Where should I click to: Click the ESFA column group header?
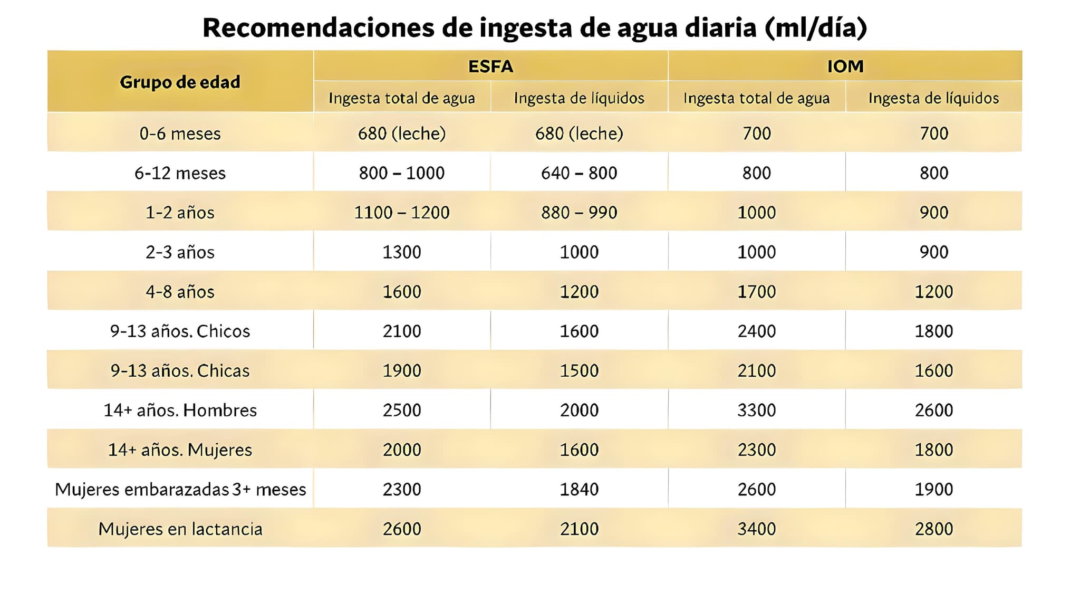click(x=490, y=66)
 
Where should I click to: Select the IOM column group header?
click(x=845, y=66)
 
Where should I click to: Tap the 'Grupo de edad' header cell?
click(x=180, y=82)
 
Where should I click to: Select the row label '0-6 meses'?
click(x=180, y=133)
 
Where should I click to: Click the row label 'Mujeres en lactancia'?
click(x=180, y=529)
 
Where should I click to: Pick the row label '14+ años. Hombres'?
click(x=180, y=410)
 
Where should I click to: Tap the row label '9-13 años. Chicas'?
click(x=180, y=370)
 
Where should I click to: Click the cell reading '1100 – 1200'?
click(x=402, y=212)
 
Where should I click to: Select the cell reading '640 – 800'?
click(x=579, y=173)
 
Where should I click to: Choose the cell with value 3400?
click(x=756, y=529)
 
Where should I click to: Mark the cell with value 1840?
click(x=579, y=489)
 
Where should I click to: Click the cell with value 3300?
click(x=756, y=410)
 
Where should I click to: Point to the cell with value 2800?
click(x=933, y=529)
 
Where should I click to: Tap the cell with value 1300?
click(x=402, y=252)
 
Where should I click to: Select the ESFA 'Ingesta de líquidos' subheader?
click(x=579, y=98)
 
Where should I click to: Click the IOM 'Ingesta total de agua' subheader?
click(x=756, y=98)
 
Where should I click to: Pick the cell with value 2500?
click(x=402, y=410)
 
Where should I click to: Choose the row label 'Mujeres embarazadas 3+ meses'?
click(x=180, y=489)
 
